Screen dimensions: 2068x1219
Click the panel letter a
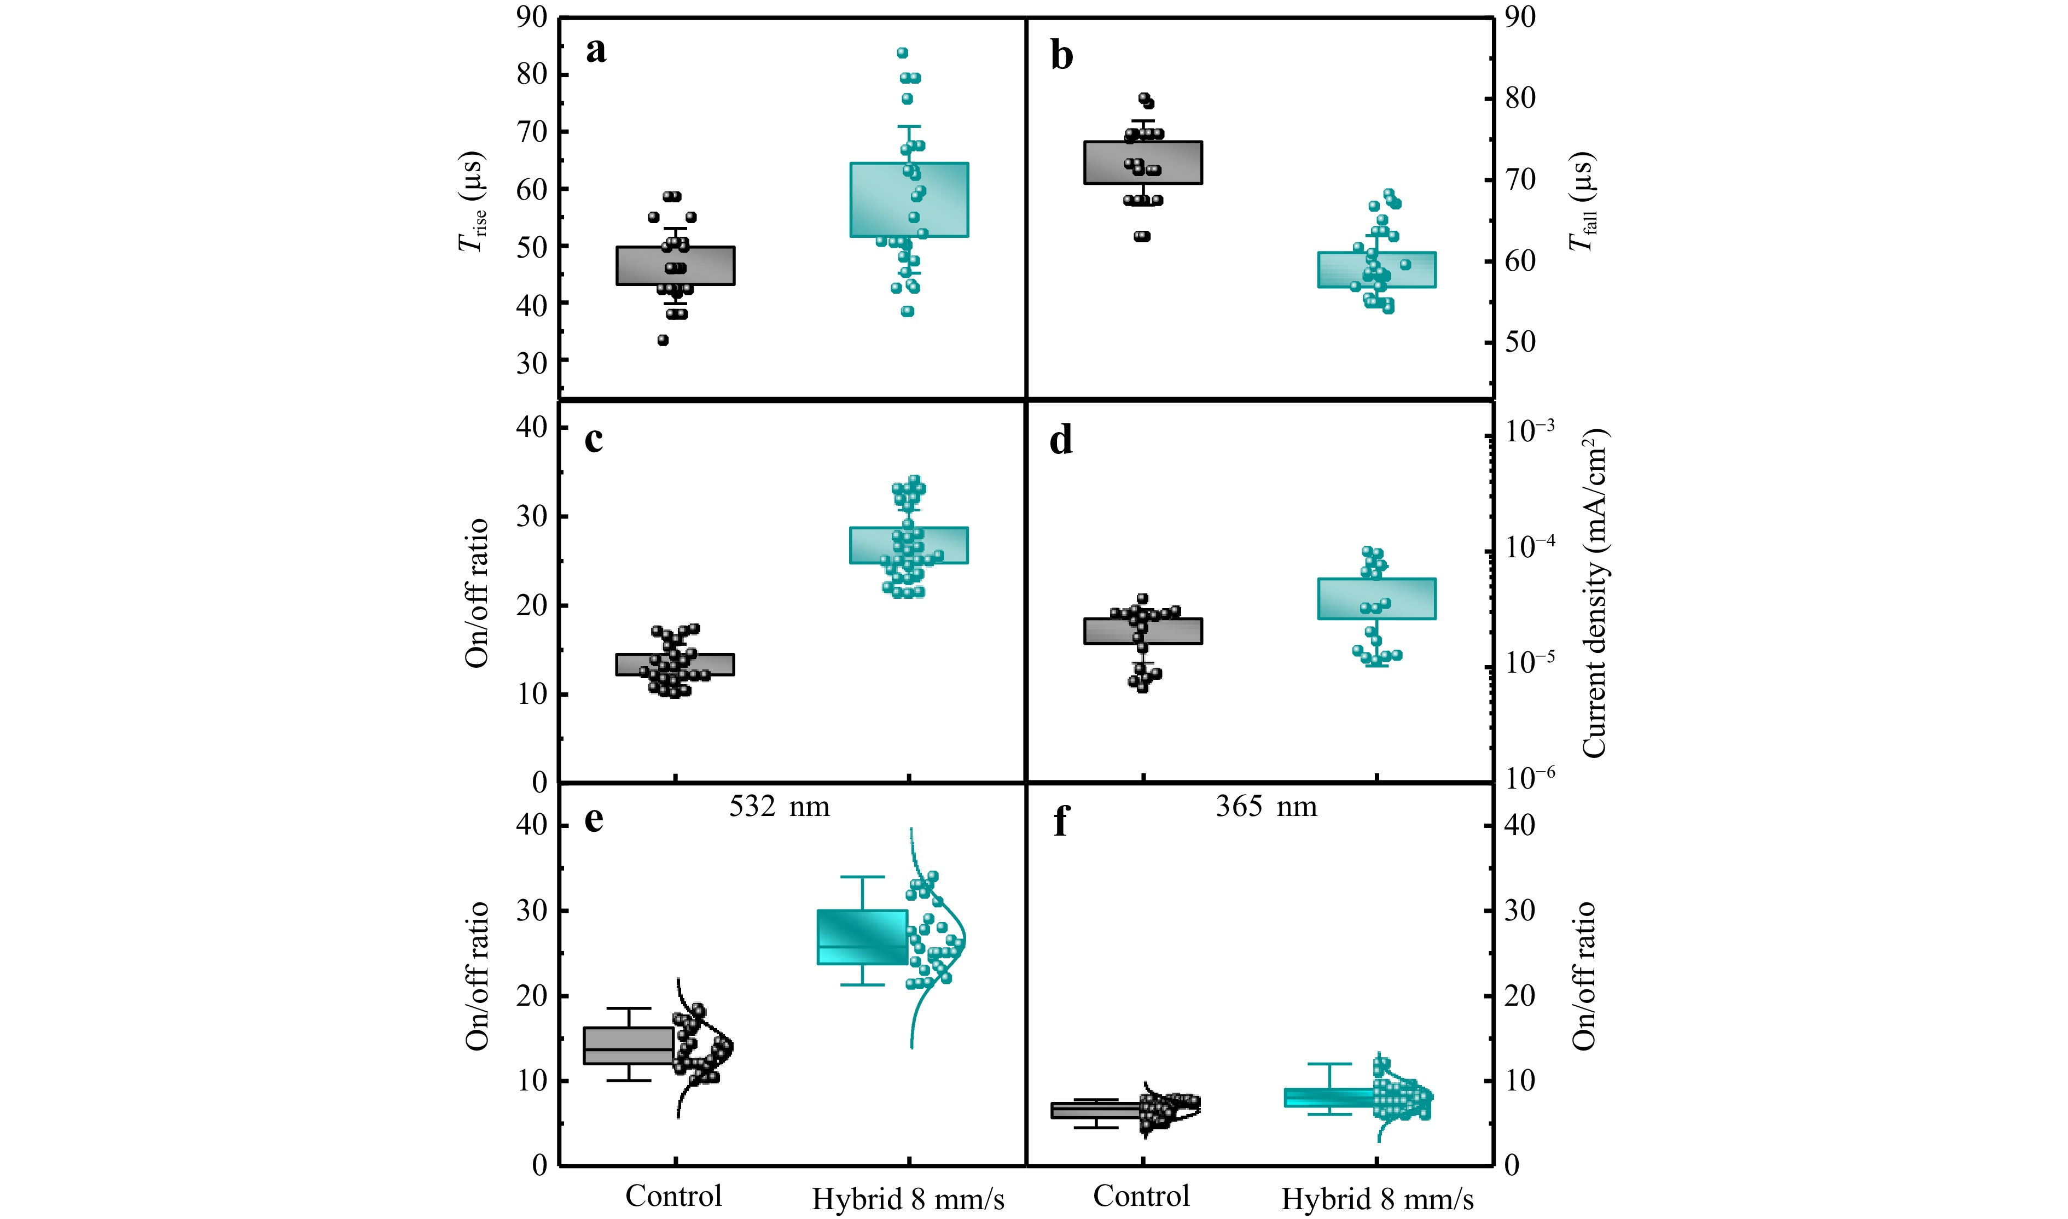coord(596,51)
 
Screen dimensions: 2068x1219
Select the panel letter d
coord(1061,441)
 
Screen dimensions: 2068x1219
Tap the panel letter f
coord(1061,820)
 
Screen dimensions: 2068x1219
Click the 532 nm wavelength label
coord(779,807)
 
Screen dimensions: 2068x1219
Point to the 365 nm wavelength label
coord(1266,807)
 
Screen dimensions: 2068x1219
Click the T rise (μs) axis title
coord(473,201)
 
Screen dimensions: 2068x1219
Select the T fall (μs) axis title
coord(1582,201)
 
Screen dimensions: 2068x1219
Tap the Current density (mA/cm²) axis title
coord(1594,593)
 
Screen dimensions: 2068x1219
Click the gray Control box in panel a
coord(675,265)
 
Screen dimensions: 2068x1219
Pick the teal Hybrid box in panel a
coord(909,200)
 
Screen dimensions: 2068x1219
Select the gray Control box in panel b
coord(1143,162)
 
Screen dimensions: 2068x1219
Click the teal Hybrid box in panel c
coord(909,545)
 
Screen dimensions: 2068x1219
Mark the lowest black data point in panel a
coord(663,340)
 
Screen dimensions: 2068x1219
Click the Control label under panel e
coord(673,1196)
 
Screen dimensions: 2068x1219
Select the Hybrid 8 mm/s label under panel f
coord(1377,1199)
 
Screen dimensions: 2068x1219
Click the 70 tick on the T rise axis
coord(532,131)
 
